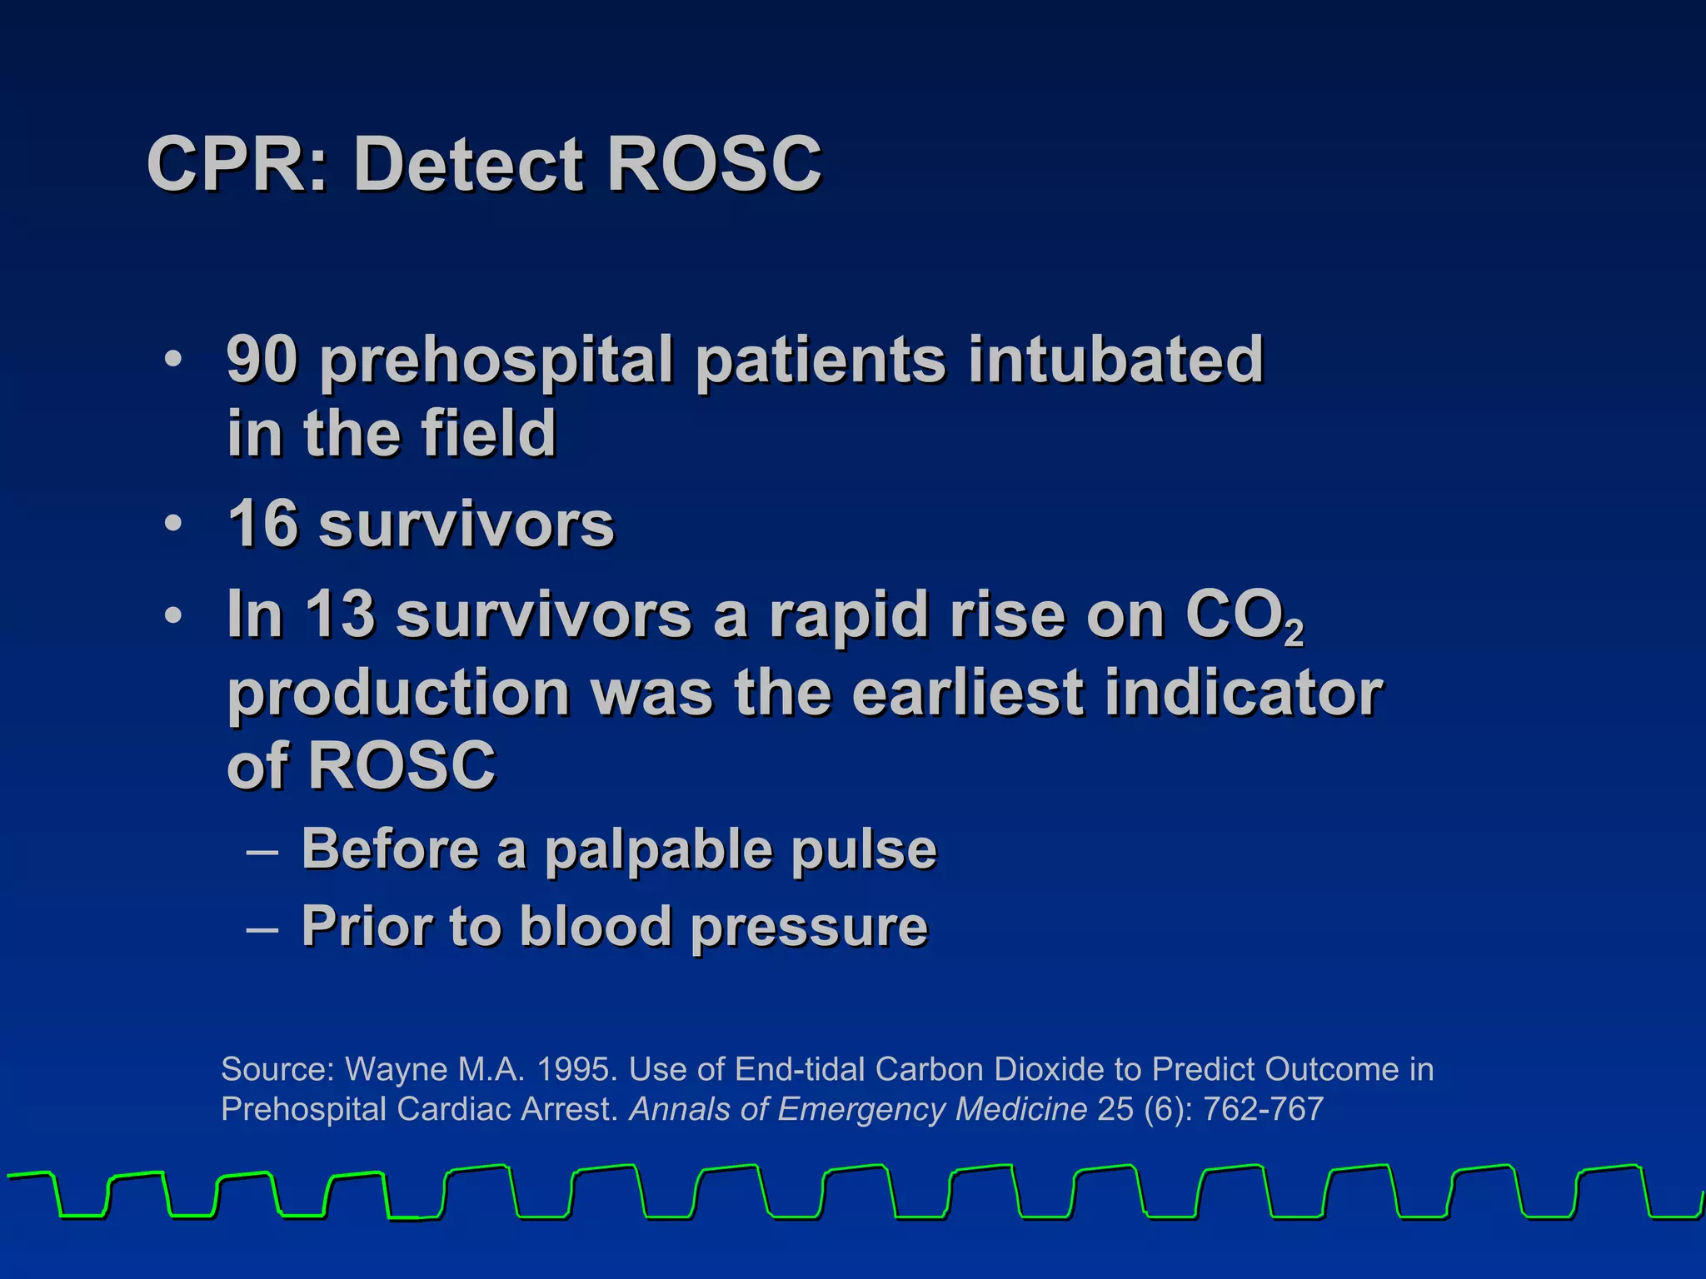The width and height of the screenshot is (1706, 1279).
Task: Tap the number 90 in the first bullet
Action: pyautogui.click(x=262, y=360)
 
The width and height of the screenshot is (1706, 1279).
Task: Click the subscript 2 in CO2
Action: pyautogui.click(x=1293, y=635)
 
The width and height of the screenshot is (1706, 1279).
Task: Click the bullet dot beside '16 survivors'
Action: pyautogui.click(x=172, y=525)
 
